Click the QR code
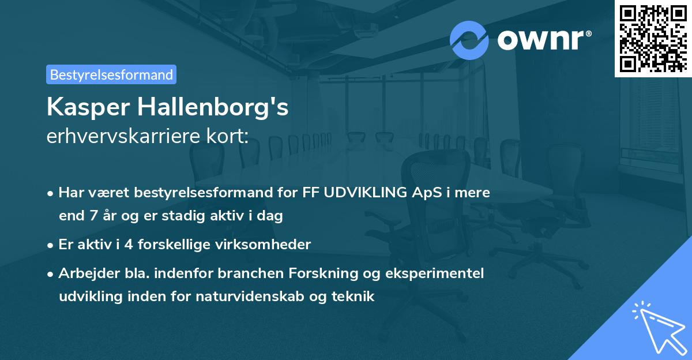pyautogui.click(x=653, y=38)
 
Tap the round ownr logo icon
pyautogui.click(x=469, y=40)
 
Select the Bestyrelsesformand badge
pyautogui.click(x=111, y=74)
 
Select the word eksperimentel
pyautogui.click(x=437, y=273)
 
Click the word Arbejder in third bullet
pyautogui.click(x=85, y=273)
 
